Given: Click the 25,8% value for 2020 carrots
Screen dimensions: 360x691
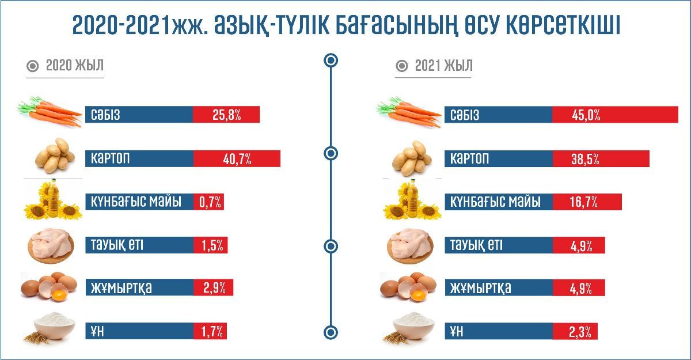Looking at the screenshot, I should pos(226,115).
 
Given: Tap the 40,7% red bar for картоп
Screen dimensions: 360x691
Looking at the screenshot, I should pos(237,159).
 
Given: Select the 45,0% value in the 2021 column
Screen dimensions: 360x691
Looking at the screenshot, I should pos(586,115).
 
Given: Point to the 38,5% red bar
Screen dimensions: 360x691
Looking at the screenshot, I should pos(601,159).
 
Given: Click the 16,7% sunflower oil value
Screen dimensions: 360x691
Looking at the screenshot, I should pos(583,202).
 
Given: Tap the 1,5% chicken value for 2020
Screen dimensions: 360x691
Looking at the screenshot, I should pos(211,245).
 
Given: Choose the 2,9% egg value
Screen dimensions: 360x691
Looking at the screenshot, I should pos(214,287).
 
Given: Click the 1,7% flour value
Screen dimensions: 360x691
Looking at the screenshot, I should pos(211,331).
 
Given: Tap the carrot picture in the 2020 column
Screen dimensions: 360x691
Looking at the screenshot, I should pos(50,112).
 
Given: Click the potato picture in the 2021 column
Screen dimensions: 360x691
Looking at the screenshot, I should pos(409,159).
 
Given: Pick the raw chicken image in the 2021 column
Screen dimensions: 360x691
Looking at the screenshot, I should pos(409,245).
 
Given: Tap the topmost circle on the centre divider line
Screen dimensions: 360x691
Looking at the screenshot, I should pos(331,60).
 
